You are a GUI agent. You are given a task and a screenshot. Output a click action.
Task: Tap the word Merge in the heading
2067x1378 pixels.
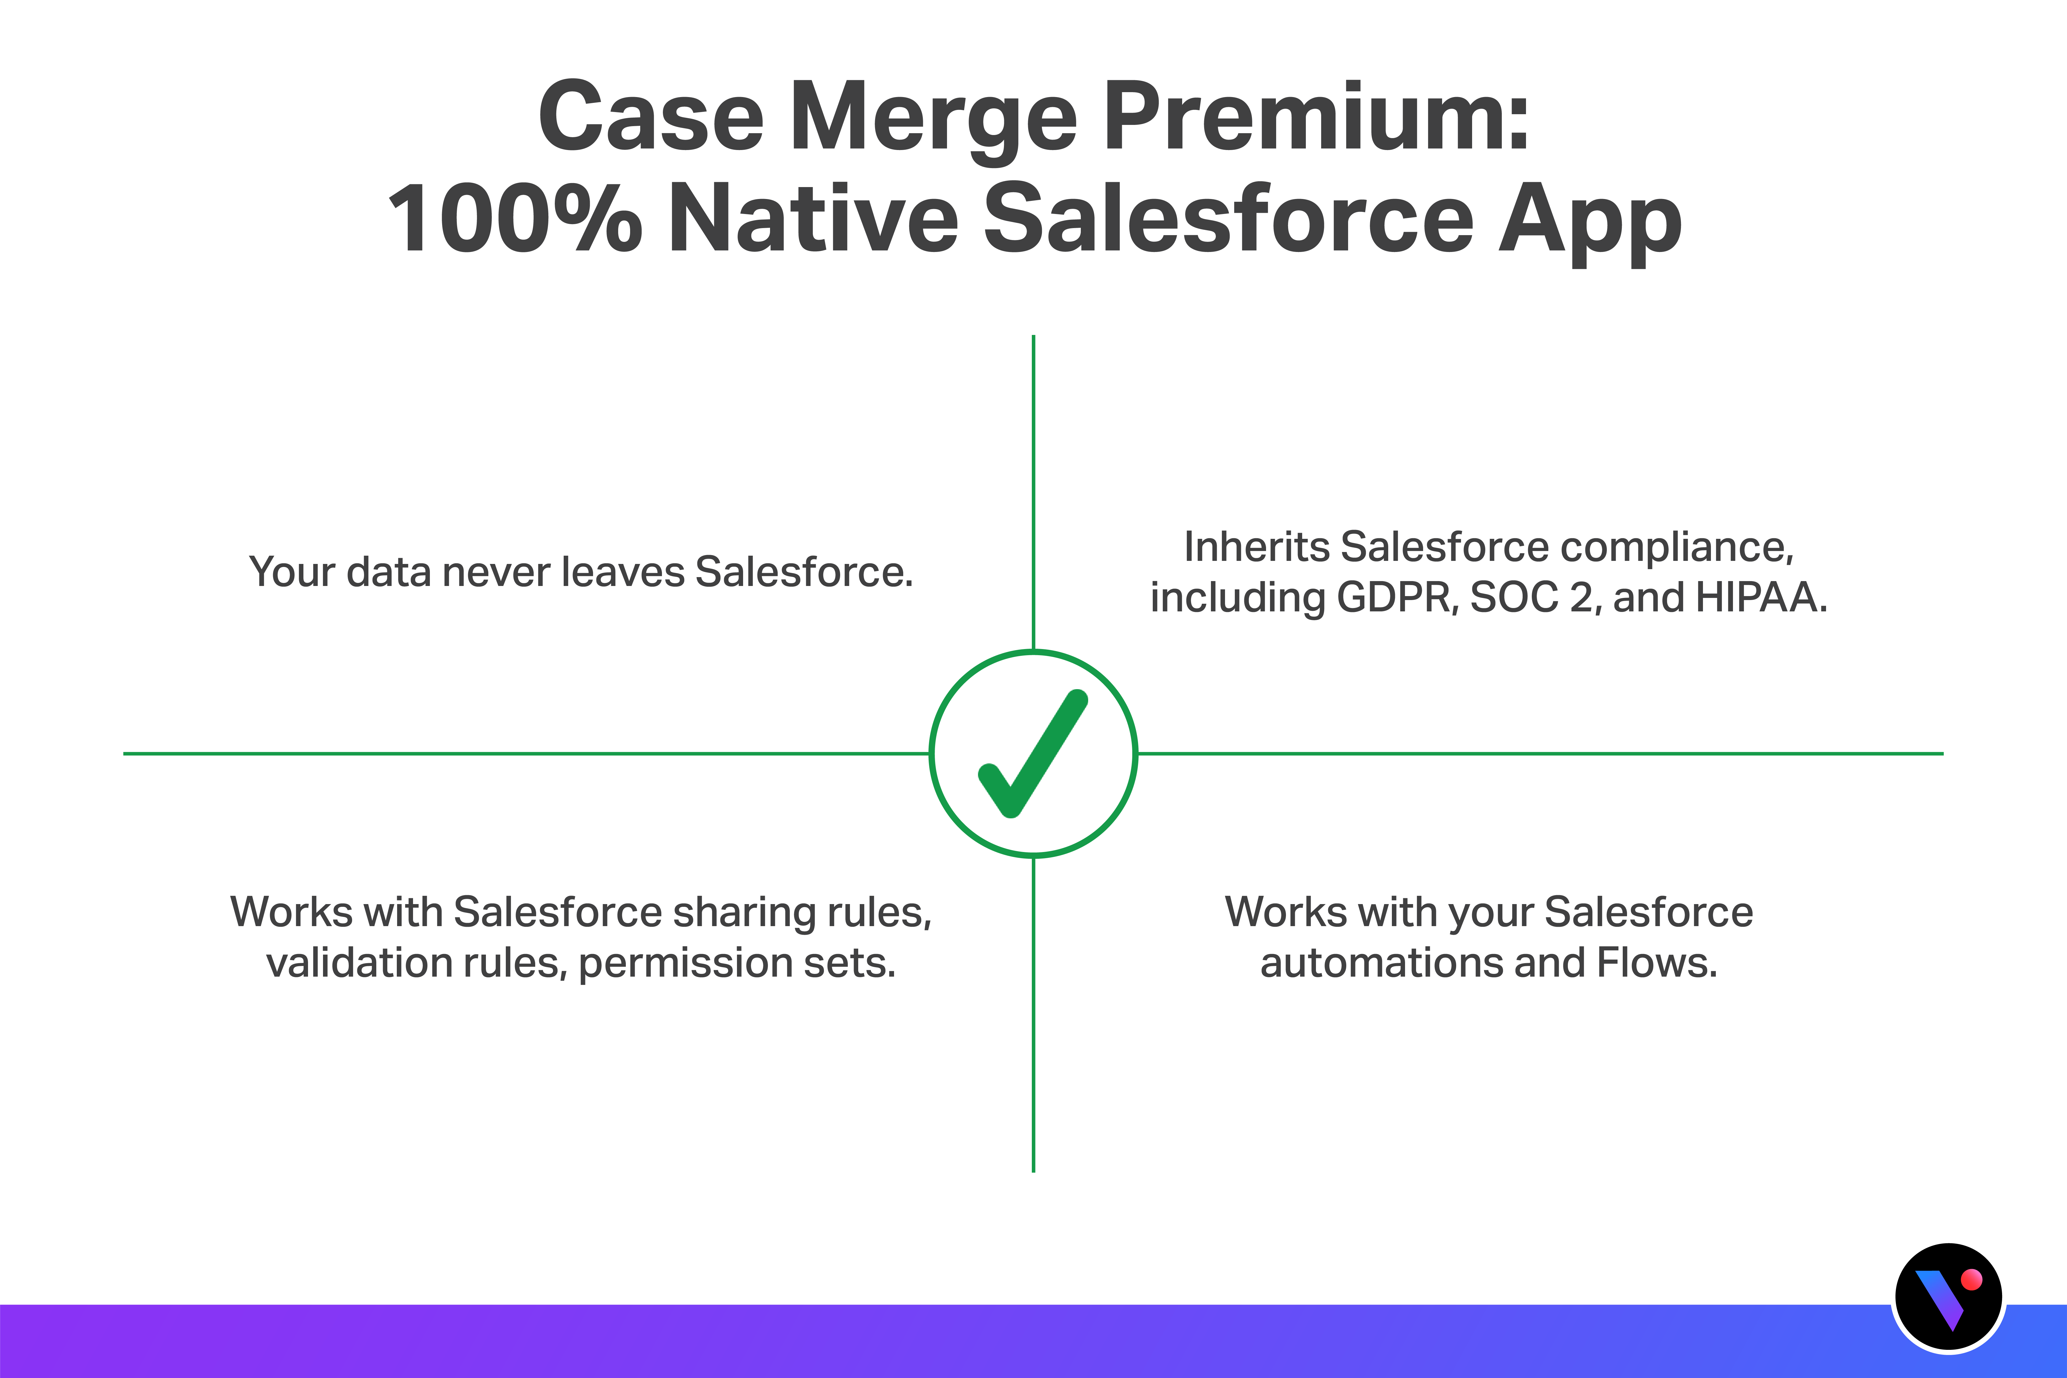click(x=933, y=123)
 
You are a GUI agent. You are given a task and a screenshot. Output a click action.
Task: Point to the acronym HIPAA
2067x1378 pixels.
click(x=1760, y=598)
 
